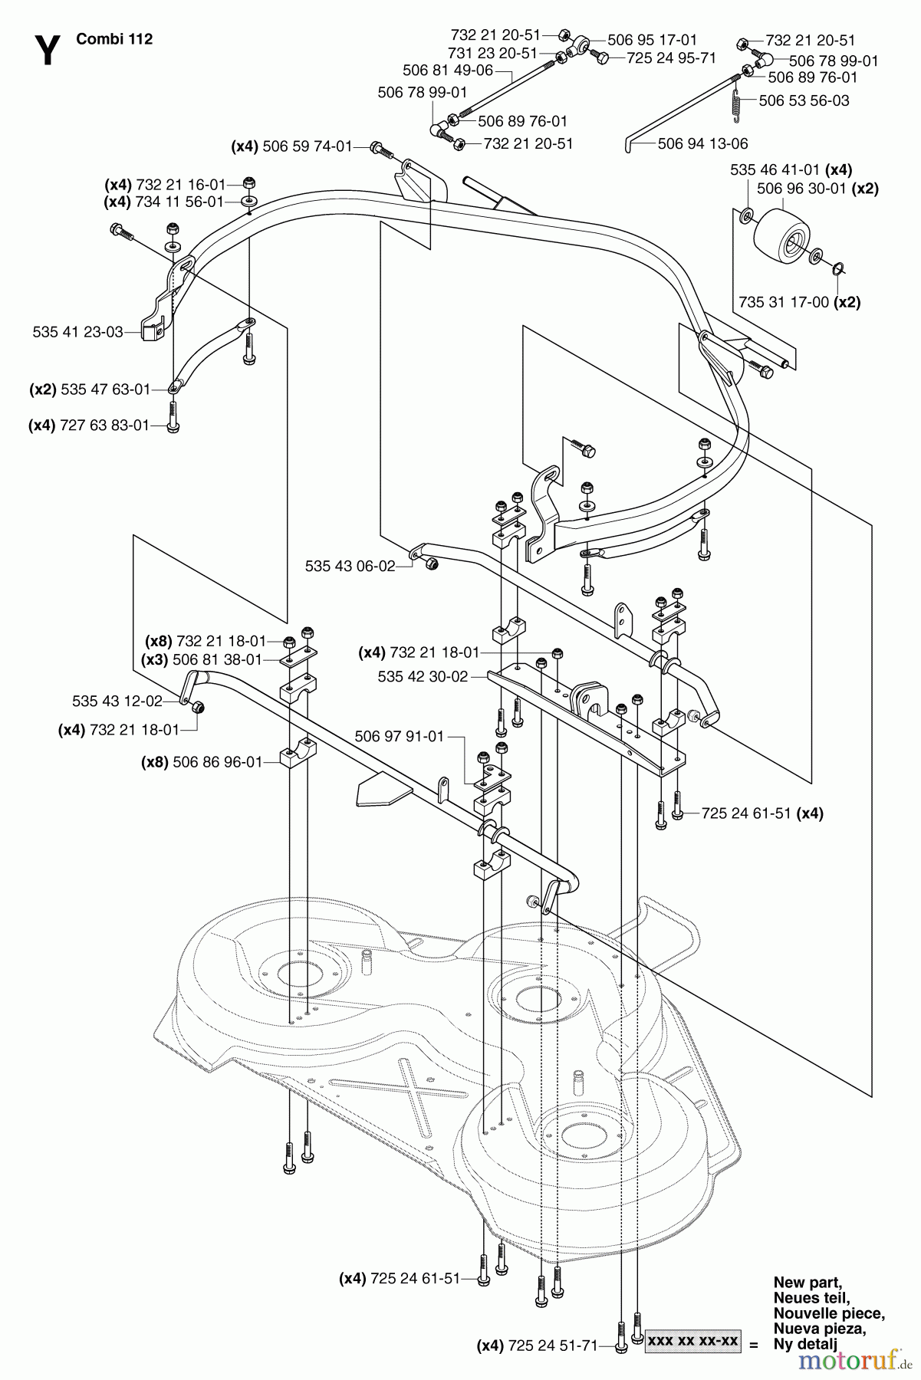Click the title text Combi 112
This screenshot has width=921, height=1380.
(x=114, y=39)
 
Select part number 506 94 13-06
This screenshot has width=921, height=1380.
(x=702, y=143)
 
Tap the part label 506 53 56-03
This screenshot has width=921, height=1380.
(x=804, y=100)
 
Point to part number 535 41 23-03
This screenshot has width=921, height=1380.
(x=77, y=332)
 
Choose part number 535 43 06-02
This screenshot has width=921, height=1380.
(x=350, y=566)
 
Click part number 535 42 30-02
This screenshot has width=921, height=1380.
(x=423, y=677)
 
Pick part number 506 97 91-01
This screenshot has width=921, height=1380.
(x=399, y=736)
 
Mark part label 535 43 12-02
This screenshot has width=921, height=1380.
(x=117, y=701)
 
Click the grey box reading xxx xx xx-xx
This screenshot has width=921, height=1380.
(x=693, y=1342)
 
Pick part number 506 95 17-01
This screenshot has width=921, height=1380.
(x=652, y=40)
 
